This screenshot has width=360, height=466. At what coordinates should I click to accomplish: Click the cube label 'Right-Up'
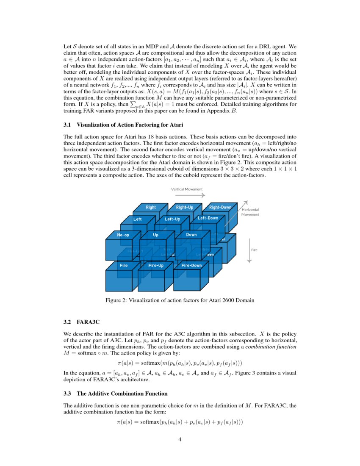pyautogui.click(x=184, y=207)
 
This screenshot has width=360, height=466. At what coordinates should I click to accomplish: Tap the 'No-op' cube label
pyautogui.click(x=123, y=234)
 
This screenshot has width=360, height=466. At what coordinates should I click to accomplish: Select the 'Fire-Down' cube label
pyautogui.click(x=191, y=265)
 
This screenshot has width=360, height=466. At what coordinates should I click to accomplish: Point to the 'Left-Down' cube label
pyautogui.click(x=208, y=218)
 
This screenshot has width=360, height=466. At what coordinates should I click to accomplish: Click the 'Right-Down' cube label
pyautogui.click(x=220, y=207)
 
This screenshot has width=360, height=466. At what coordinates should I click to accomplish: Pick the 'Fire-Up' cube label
pyautogui.click(x=156, y=265)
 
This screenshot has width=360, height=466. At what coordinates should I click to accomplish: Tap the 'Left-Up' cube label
pyautogui.click(x=172, y=219)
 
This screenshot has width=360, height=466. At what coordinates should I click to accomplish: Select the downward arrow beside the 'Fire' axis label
pyautogui.click(x=249, y=250)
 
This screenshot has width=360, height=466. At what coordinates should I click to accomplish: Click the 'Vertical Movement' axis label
pyautogui.click(x=187, y=189)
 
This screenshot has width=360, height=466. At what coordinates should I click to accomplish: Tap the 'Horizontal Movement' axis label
pyautogui.click(x=250, y=212)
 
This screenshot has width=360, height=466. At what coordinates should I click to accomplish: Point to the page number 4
pyautogui.click(x=180, y=439)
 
